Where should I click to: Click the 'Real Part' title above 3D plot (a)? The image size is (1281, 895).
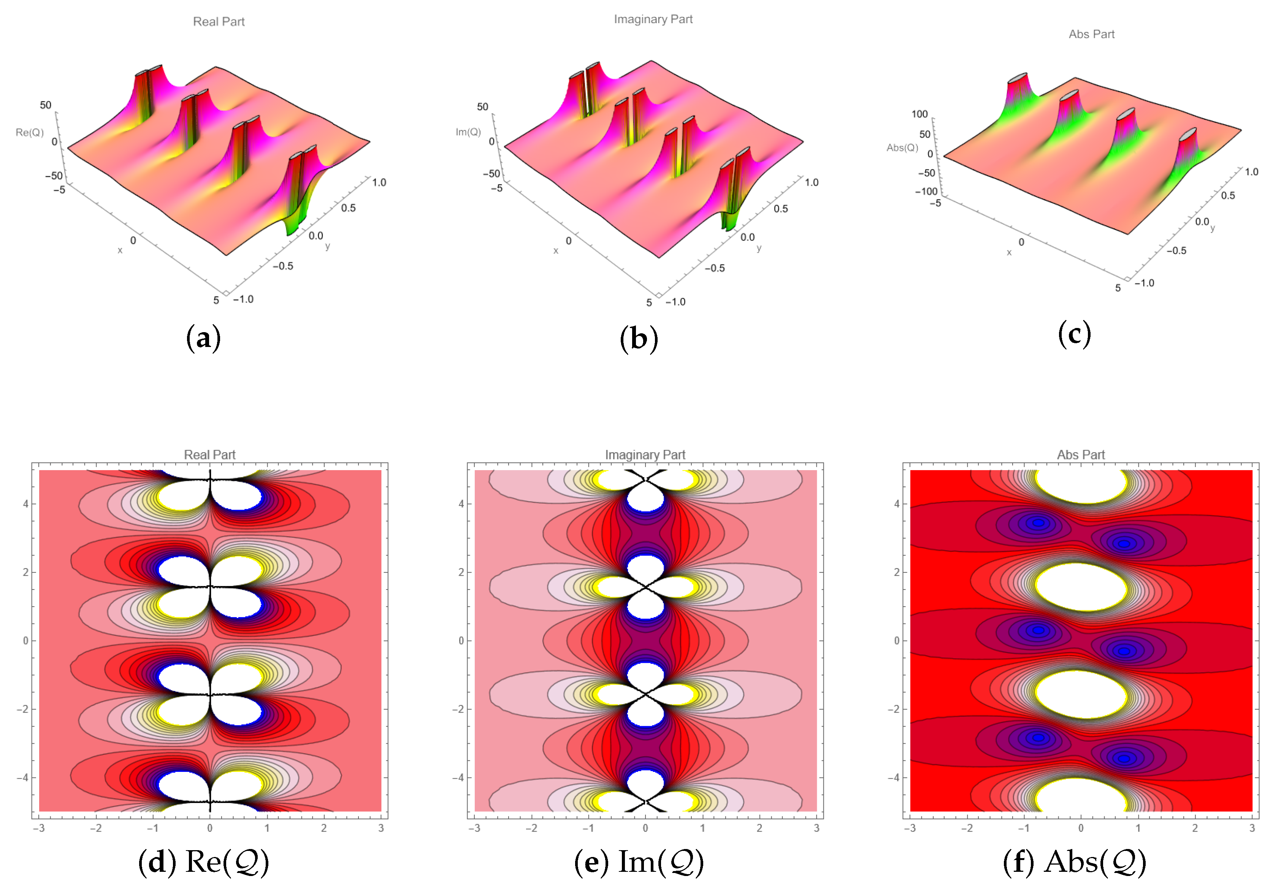[219, 22]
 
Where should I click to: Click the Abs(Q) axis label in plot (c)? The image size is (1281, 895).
[902, 147]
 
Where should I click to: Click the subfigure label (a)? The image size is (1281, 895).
[203, 338]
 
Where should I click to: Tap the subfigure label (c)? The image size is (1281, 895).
[1074, 334]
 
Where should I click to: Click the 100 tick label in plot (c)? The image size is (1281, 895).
[919, 114]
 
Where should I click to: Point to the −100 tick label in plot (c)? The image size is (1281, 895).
[926, 192]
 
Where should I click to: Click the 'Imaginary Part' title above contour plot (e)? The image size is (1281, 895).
[645, 455]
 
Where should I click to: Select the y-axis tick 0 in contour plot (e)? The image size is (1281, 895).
[461, 640]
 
